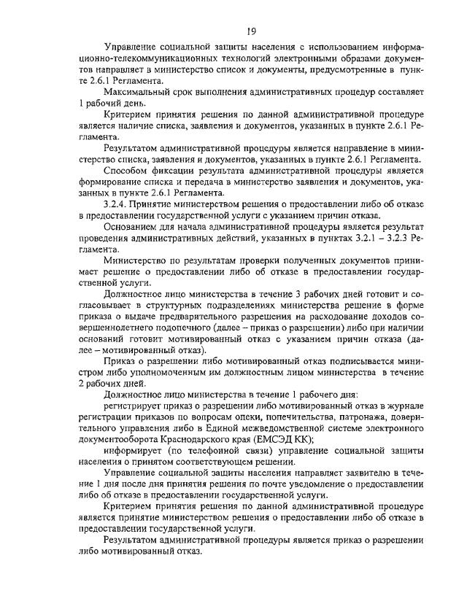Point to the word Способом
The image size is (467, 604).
(127, 170)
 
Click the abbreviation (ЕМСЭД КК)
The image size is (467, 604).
(282, 438)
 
